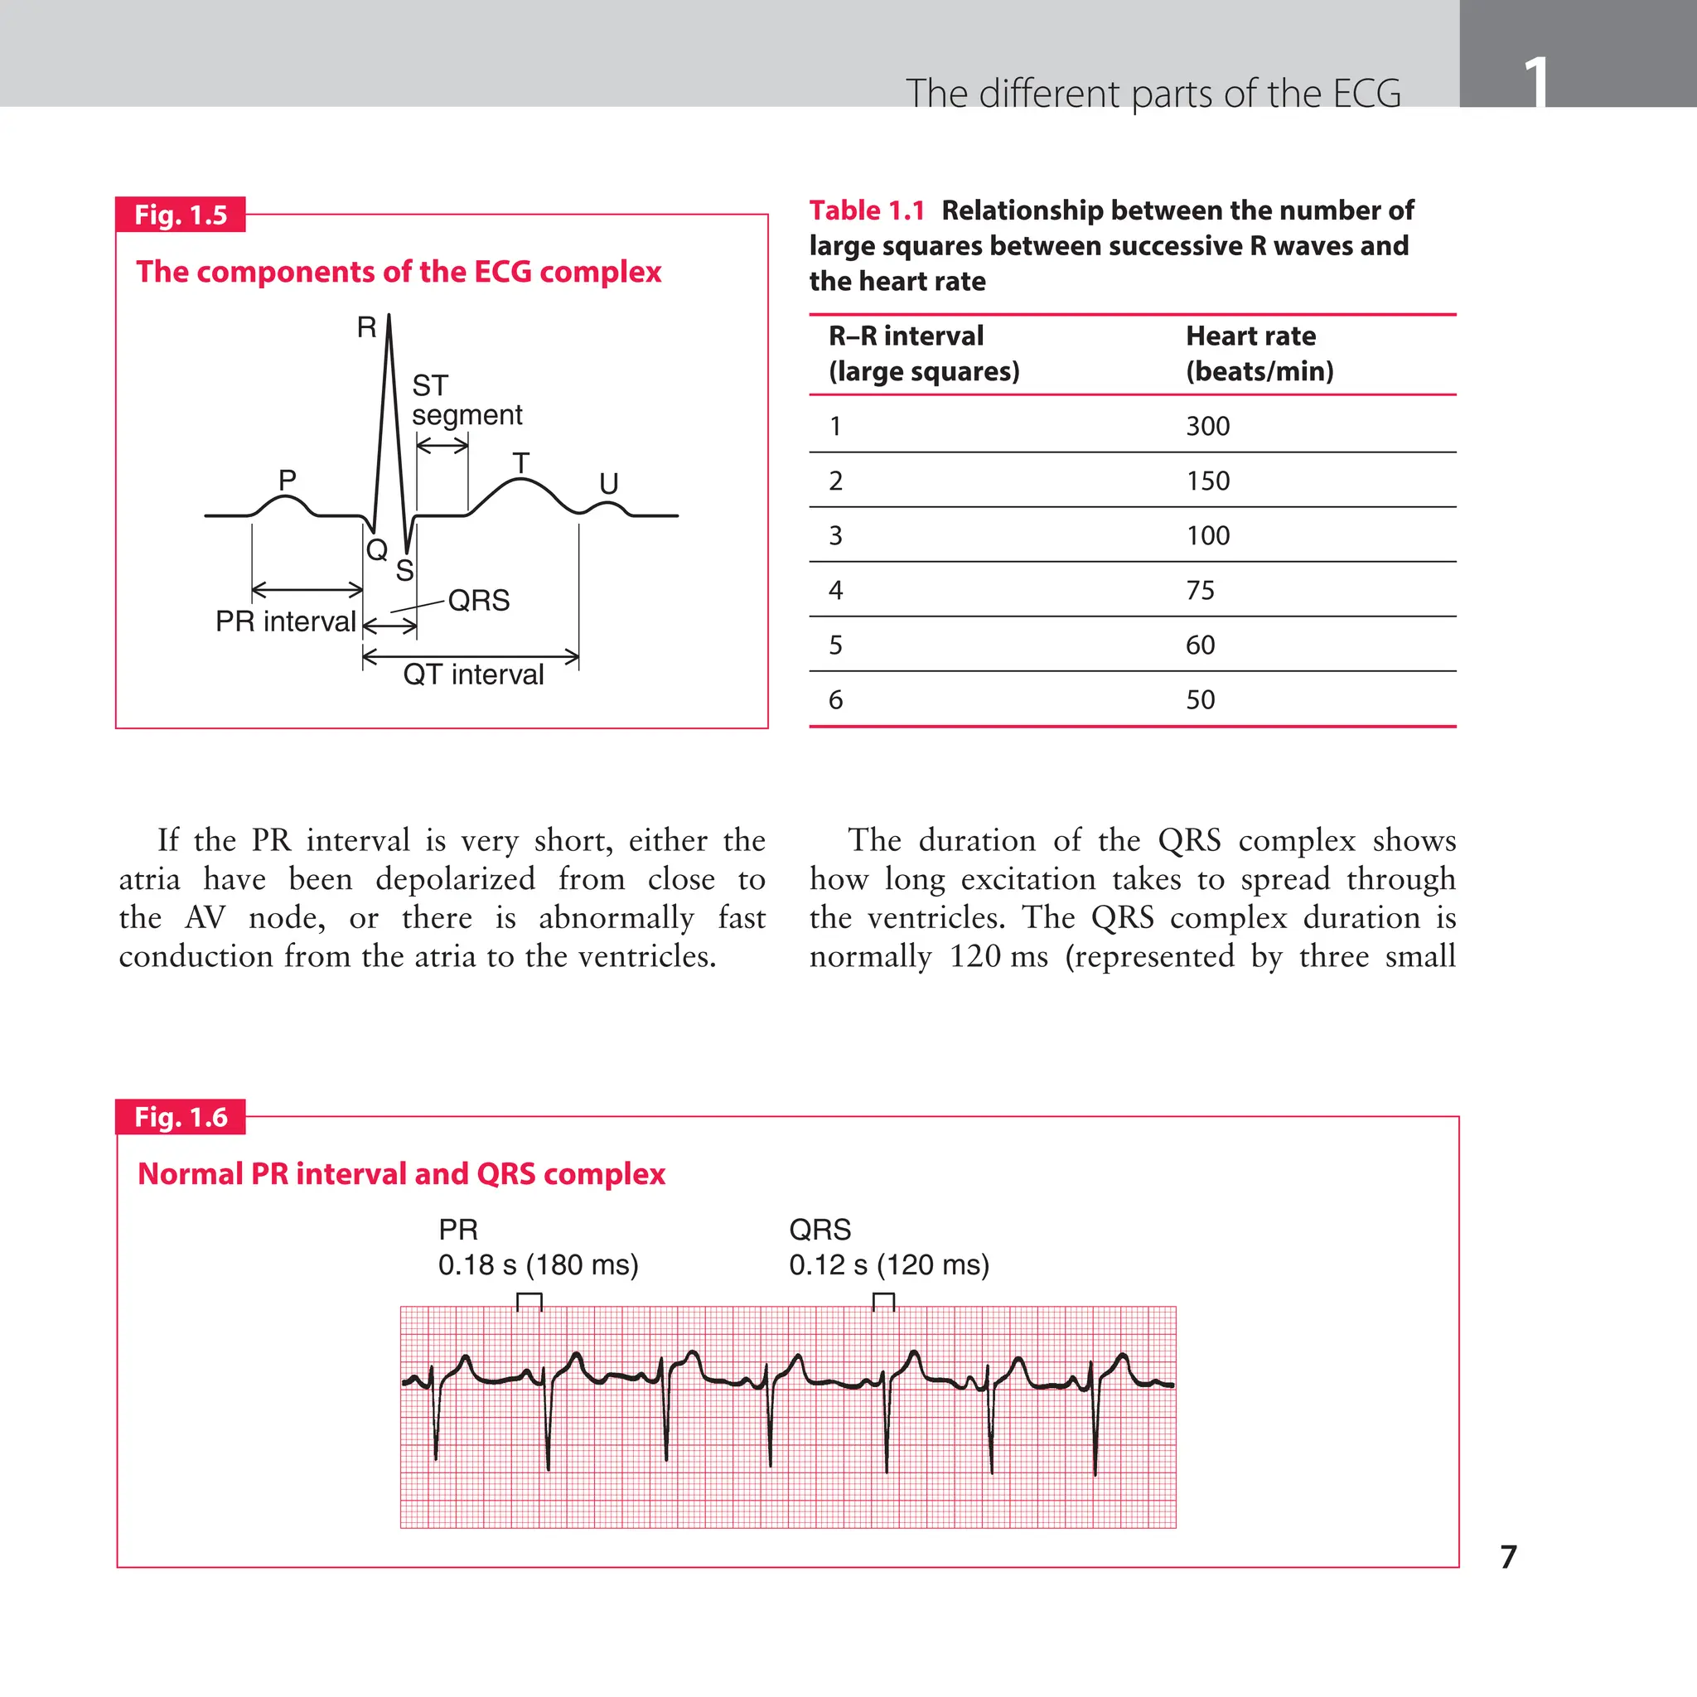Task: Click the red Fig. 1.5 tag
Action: [180, 215]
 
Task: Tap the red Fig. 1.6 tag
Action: [180, 1116]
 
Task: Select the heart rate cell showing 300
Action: [1208, 426]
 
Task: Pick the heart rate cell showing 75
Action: [1200, 590]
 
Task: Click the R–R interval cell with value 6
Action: [835, 700]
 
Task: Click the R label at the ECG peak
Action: [366, 327]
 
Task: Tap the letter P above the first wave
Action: [288, 480]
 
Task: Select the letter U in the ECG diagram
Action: [609, 484]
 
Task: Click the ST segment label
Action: [466, 399]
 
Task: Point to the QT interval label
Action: [473, 674]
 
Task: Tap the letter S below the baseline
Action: [404, 571]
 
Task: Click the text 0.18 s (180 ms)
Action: [538, 1264]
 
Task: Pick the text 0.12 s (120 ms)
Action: [889, 1264]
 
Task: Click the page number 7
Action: [1508, 1556]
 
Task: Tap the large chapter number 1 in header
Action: [1535, 81]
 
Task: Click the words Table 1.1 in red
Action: [866, 210]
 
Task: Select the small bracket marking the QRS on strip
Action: [883, 1300]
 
